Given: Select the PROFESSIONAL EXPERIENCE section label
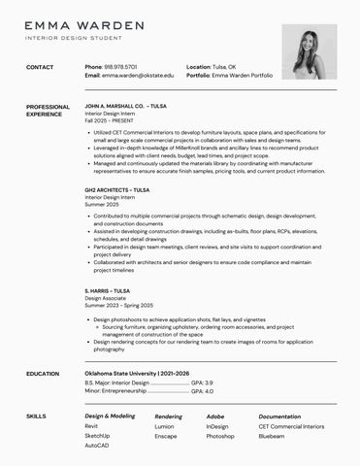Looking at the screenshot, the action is click(x=48, y=110).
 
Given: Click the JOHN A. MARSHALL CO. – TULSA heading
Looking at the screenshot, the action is click(x=125, y=106).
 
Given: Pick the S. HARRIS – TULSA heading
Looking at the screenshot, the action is click(x=107, y=290).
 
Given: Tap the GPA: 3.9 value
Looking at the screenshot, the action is click(x=202, y=383).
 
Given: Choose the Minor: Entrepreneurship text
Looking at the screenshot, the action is click(x=115, y=391).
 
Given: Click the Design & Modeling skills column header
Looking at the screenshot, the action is click(x=110, y=416).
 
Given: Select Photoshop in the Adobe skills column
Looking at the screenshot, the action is click(x=220, y=436).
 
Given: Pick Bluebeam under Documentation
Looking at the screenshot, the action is click(x=272, y=436).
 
